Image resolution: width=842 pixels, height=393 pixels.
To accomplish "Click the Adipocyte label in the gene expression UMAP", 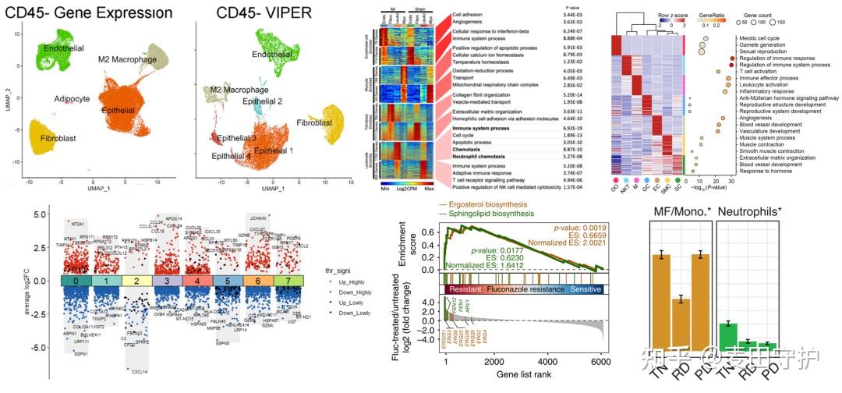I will point(72,100).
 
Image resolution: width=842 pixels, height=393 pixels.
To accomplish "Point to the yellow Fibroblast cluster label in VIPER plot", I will point(318,122).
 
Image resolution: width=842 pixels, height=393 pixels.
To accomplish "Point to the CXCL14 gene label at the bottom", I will point(140,373).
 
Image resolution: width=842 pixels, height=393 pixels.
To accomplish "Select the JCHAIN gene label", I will point(260,219).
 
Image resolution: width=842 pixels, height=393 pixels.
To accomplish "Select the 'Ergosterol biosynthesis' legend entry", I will point(489,205).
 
